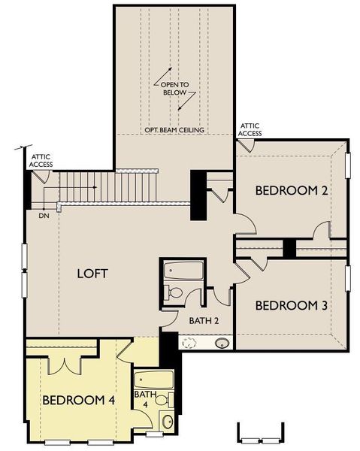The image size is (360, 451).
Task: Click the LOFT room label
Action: (93, 274)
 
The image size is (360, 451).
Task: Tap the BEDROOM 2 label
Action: (292, 191)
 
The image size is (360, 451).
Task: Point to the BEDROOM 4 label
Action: (78, 400)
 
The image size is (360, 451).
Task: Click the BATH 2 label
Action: (204, 321)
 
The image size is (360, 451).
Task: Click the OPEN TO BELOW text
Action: (174, 89)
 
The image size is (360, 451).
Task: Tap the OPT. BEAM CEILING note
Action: (174, 129)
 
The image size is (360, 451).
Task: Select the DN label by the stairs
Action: (44, 214)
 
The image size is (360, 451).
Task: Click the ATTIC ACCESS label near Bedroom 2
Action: (250, 130)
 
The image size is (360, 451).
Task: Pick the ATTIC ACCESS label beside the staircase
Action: (40, 160)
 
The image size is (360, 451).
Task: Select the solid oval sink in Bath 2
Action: (222, 344)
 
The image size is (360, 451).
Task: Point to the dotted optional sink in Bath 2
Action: (189, 344)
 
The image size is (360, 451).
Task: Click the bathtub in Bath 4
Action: (154, 380)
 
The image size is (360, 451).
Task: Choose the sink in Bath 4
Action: (168, 421)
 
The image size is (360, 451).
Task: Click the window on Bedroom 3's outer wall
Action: (348, 278)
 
